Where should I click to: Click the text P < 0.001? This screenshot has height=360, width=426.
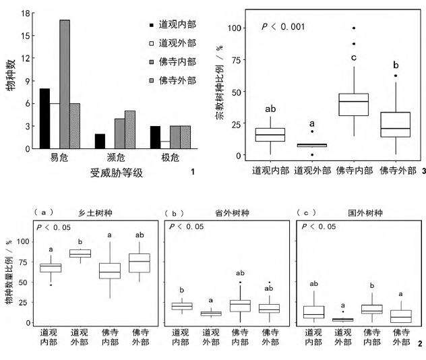pos(282,27)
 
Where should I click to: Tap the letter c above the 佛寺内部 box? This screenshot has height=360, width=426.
pos(353,57)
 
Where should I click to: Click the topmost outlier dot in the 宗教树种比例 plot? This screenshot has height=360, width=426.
pos(353,28)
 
